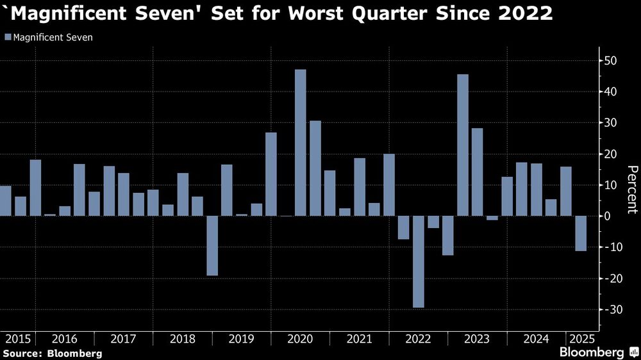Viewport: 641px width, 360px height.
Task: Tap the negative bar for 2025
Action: tap(580, 233)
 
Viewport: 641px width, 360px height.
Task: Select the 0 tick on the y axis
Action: tap(608, 216)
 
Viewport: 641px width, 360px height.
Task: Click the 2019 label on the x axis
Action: tap(241, 338)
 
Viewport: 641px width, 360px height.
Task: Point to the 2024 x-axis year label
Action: tap(536, 338)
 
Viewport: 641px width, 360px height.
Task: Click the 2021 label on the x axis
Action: tap(358, 338)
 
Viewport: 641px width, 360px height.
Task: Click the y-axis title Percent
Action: tap(631, 190)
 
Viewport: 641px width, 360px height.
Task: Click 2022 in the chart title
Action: tap(528, 13)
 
